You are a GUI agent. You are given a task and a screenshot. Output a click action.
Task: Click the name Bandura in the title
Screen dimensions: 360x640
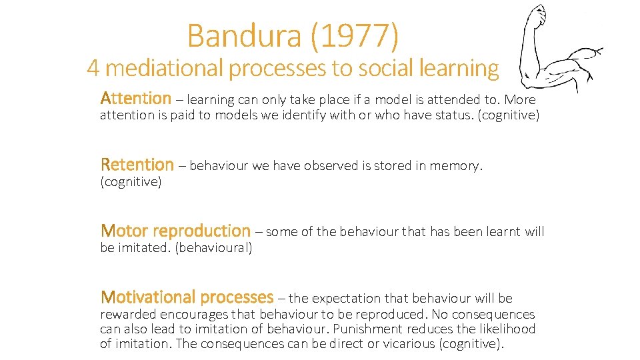pyautogui.click(x=245, y=36)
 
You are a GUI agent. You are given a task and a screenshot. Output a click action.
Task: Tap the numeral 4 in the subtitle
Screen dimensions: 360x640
pyautogui.click(x=94, y=68)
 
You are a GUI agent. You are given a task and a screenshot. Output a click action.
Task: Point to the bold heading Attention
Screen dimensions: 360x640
pyautogui.click(x=136, y=99)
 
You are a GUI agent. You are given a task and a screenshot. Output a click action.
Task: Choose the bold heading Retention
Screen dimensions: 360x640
pyautogui.click(x=137, y=165)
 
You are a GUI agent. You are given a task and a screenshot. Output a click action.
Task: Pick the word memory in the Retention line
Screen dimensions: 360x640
pyautogui.click(x=456, y=166)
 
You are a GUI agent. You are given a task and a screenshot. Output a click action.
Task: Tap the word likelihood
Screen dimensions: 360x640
pyautogui.click(x=506, y=329)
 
